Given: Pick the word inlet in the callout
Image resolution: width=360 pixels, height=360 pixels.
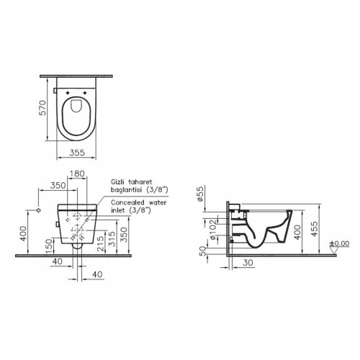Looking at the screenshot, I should [119, 212].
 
